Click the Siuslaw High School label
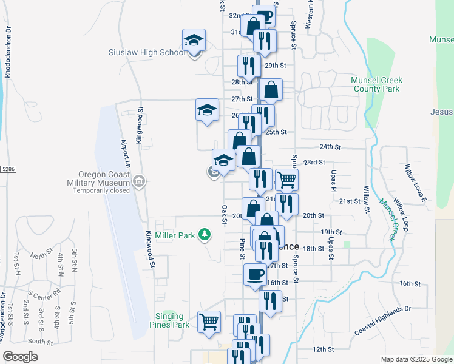click(147, 52)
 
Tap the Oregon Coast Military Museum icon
click(139, 181)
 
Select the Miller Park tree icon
click(206, 235)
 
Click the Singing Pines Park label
click(169, 320)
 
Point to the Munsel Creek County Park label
click(376, 84)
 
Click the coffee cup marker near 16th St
click(255, 274)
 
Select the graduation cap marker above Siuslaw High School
click(194, 40)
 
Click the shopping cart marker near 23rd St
click(286, 178)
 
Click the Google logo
click(20, 357)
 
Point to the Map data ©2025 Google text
click(416, 359)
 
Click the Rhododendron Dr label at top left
click(8, 52)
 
